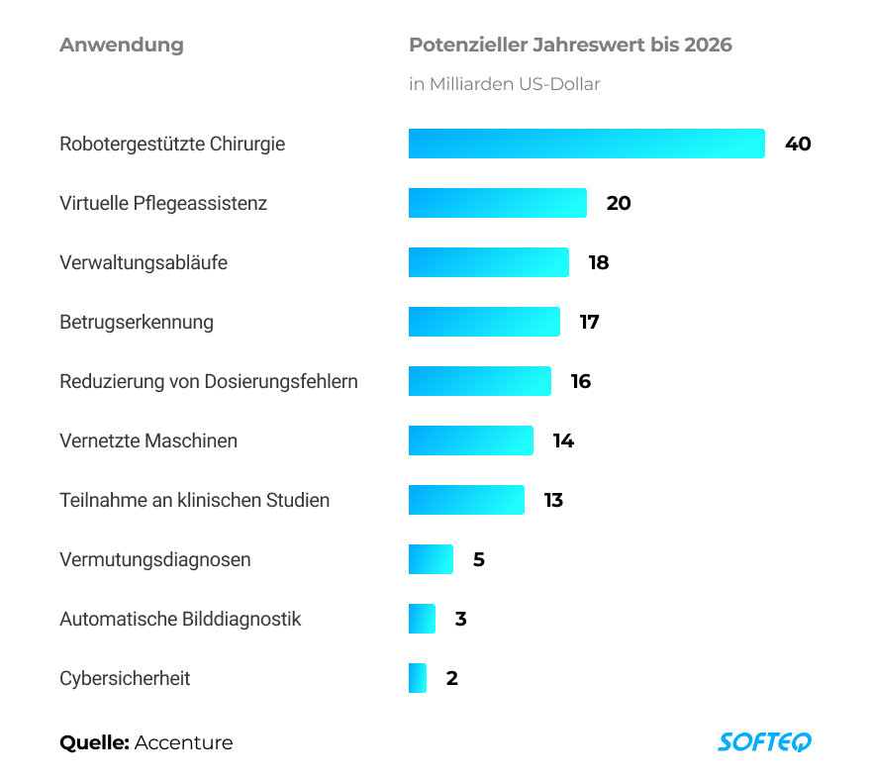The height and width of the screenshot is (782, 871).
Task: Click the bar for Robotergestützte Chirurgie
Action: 586,144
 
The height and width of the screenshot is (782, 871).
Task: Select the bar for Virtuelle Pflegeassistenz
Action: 497,203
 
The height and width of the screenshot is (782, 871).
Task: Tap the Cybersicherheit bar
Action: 418,678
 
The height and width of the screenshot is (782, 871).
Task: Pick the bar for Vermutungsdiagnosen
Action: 431,559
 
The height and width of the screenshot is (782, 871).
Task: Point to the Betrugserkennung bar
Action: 484,322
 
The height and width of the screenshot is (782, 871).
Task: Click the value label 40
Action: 798,144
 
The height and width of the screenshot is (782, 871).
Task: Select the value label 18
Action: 599,262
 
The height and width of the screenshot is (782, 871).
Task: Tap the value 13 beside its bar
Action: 553,500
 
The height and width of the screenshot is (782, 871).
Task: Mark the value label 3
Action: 460,619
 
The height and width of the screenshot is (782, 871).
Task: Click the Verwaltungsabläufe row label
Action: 144,262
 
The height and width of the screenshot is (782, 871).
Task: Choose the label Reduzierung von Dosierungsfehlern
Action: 209,381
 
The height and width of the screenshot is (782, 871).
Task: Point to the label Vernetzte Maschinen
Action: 148,440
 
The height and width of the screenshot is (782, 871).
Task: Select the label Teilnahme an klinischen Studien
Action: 194,500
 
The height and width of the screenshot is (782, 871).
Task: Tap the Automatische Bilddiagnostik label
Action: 180,619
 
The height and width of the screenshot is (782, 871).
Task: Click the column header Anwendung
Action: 121,45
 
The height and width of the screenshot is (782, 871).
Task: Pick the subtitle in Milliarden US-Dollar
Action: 505,84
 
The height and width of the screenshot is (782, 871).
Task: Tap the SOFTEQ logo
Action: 764,741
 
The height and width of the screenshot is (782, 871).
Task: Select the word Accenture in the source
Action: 184,742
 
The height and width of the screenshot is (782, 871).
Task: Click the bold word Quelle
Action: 94,742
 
